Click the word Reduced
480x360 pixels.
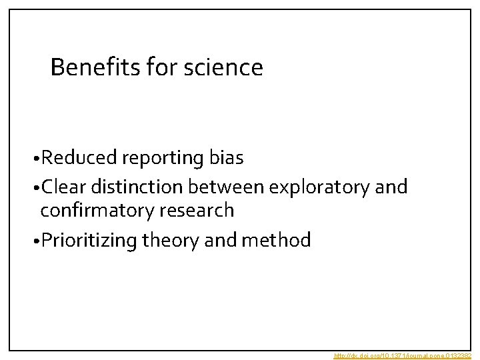coord(79,158)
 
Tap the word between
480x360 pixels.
coord(223,187)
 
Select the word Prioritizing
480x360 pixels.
coord(89,241)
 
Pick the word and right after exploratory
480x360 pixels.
coord(391,187)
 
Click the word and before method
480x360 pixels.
coord(220,240)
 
